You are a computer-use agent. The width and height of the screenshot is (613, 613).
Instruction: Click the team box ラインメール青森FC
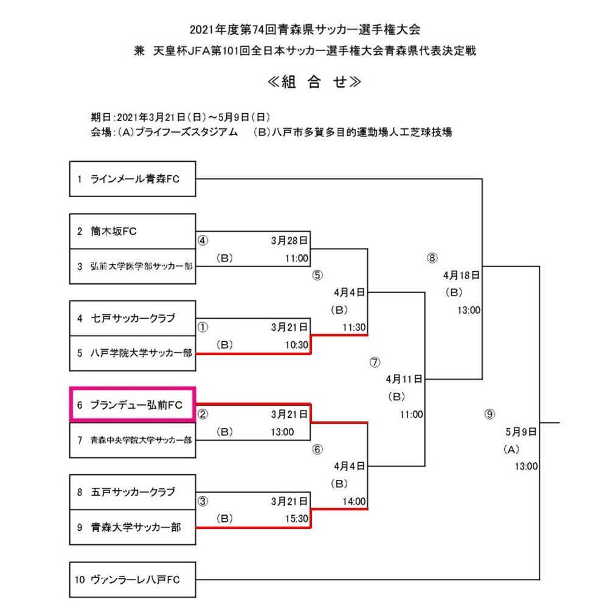pyautogui.click(x=133, y=179)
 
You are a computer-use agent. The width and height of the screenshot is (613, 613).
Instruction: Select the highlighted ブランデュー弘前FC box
pyautogui.click(x=133, y=404)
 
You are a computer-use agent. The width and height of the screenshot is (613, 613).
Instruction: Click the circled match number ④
pyautogui.click(x=203, y=240)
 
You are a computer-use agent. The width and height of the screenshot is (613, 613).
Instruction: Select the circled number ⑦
pyautogui.click(x=375, y=362)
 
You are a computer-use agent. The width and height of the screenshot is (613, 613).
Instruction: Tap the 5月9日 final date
pyautogui.click(x=521, y=432)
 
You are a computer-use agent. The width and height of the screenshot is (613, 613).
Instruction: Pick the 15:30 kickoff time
pyautogui.click(x=297, y=519)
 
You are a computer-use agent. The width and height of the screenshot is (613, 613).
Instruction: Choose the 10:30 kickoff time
pyautogui.click(x=297, y=345)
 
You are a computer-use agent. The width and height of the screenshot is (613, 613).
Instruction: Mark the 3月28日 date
pyautogui.click(x=289, y=240)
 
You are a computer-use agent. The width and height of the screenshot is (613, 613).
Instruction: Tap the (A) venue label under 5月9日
pyautogui.click(x=511, y=449)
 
